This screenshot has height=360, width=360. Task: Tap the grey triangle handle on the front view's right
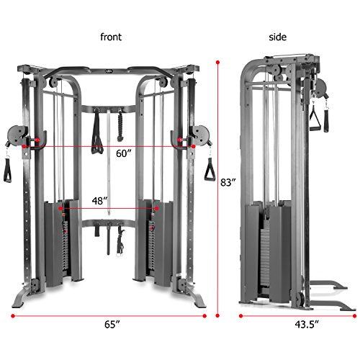pyautogui.click(x=192, y=171)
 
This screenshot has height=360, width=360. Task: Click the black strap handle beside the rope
pyautogui.click(x=96, y=130)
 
